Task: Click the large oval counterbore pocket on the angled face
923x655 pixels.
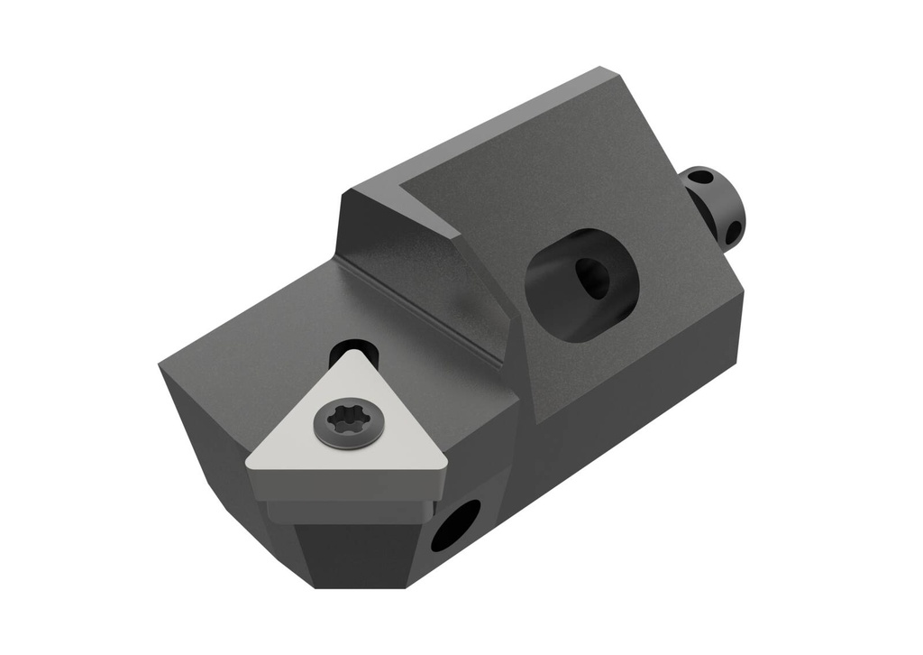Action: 581,284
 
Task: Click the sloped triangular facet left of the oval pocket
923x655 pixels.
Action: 424,262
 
